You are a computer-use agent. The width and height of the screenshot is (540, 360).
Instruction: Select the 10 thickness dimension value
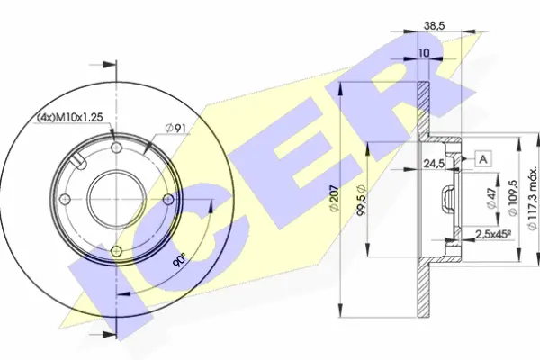pyautogui.click(x=423, y=54)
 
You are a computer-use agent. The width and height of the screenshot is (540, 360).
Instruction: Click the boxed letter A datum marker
pyautogui.click(x=483, y=159)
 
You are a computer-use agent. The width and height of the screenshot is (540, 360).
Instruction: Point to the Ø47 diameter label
pyautogui.click(x=493, y=200)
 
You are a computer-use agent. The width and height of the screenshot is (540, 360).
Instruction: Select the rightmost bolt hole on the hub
pyautogui.click(x=166, y=200)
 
